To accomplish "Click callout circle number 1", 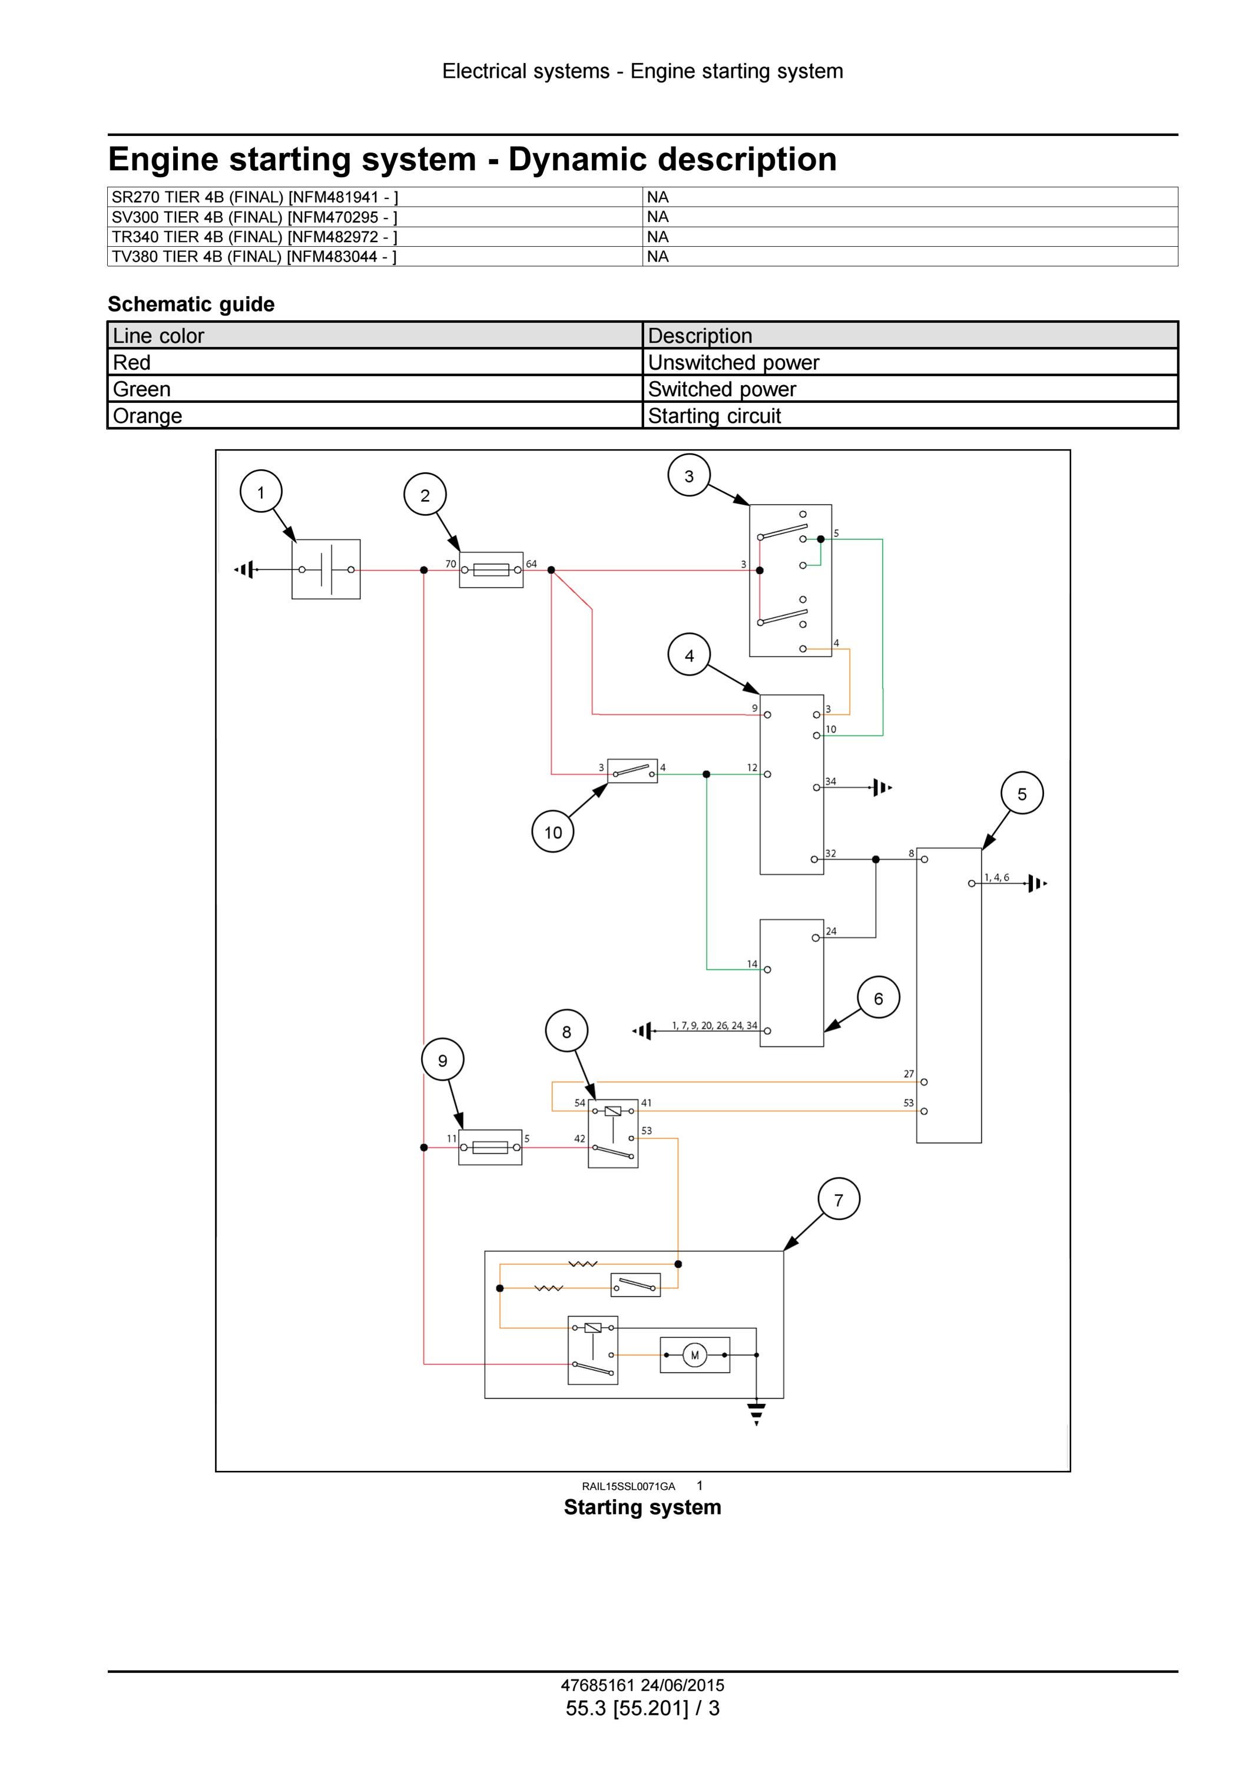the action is (261, 492).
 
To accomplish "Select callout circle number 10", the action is (553, 831).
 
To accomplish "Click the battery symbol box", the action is (326, 569).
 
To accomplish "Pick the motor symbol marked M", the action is (694, 1355).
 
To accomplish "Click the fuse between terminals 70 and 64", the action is (491, 570).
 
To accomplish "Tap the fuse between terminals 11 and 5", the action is (490, 1148).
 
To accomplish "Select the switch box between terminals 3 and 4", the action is (632, 771).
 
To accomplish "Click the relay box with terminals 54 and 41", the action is (613, 1134).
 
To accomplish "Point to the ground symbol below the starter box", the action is (757, 1414).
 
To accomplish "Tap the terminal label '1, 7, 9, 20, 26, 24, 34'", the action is (714, 1025).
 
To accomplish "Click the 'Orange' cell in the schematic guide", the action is (375, 415).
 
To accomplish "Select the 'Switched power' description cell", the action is (910, 389).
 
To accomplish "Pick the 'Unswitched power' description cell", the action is (910, 362).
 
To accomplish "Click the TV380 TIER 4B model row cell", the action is (375, 257).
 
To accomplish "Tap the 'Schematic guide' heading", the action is (191, 304).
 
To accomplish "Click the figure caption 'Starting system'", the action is (642, 1507).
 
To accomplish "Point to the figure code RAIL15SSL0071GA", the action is (628, 1486).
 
